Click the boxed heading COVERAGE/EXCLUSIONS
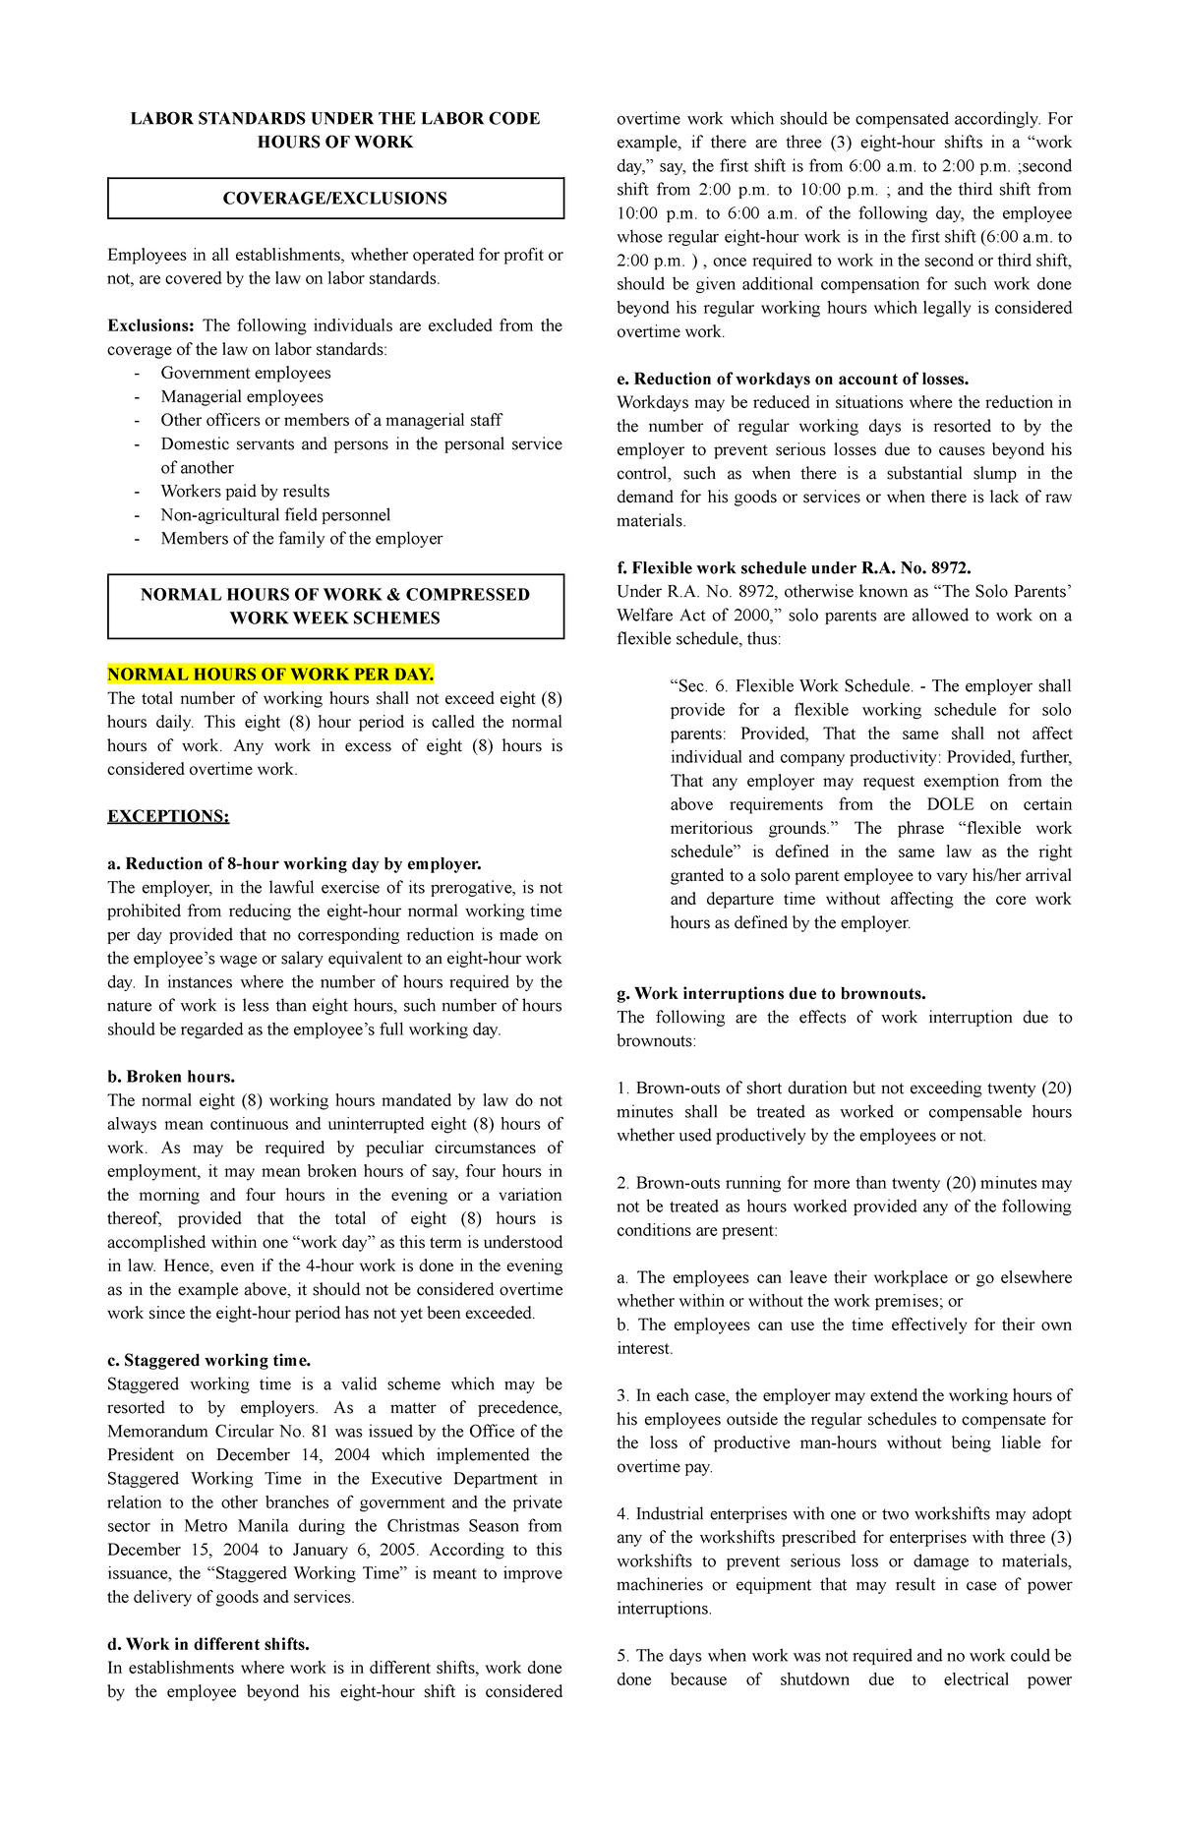tap(334, 198)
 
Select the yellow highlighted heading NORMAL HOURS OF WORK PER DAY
tap(269, 674)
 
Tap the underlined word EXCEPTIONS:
tap(168, 816)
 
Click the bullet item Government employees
tap(245, 373)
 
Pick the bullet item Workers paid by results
tap(245, 491)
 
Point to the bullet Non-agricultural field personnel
tap(275, 514)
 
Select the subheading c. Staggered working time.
tap(208, 1360)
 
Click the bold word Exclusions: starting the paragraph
tap(150, 325)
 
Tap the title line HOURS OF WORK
tap(334, 142)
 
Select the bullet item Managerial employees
tap(242, 396)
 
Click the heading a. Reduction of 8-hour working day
tap(294, 863)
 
